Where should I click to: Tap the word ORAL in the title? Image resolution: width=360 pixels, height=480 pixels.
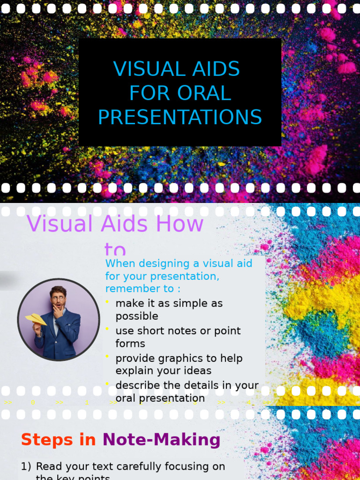204,93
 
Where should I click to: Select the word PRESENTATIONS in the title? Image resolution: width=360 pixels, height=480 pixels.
180,117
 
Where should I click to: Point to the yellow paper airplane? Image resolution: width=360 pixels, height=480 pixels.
36,319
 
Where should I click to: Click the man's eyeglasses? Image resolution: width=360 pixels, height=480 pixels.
58,298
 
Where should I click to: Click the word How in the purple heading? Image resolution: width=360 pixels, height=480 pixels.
180,224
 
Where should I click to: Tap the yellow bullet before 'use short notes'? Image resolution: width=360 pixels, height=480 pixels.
107,329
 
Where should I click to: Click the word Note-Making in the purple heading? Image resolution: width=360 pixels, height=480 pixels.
161,440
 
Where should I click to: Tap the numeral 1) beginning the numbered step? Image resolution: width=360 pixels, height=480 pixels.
26,466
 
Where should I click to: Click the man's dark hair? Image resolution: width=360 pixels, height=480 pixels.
58,290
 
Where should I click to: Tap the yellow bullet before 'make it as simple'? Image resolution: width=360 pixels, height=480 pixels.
107,301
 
